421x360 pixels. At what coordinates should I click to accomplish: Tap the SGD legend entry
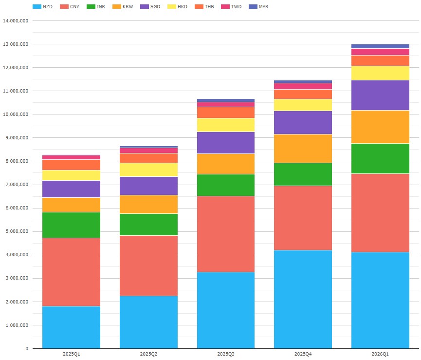click(x=150, y=7)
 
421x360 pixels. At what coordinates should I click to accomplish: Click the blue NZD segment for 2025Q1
click(x=72, y=327)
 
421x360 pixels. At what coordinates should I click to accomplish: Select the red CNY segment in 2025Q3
click(x=226, y=234)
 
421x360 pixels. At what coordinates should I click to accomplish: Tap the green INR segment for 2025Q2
click(x=148, y=225)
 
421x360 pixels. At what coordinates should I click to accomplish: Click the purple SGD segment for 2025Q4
click(x=303, y=122)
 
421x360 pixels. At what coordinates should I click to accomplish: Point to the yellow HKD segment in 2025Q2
click(x=148, y=170)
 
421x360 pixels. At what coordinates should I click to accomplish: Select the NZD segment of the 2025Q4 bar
click(x=303, y=299)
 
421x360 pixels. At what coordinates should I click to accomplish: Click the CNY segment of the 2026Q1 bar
click(x=380, y=212)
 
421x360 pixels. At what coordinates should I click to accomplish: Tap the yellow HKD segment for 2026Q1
click(x=380, y=73)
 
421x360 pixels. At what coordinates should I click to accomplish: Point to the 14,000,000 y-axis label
click(x=16, y=21)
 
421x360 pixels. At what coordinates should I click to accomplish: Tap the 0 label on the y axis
click(x=26, y=349)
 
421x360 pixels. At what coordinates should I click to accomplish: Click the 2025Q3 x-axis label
click(x=226, y=354)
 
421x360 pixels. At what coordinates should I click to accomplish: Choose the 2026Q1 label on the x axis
click(x=380, y=354)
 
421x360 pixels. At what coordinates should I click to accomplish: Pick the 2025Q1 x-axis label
click(x=72, y=354)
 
